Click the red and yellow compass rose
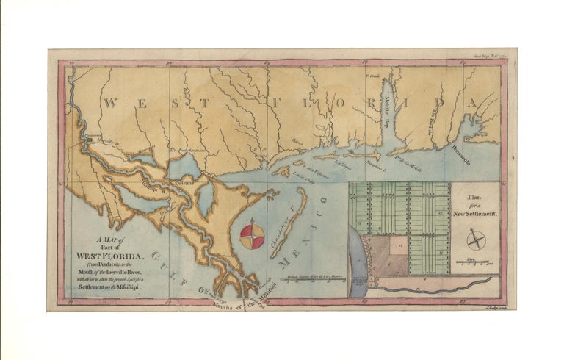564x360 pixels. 252,237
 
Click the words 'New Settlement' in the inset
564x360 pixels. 477,212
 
